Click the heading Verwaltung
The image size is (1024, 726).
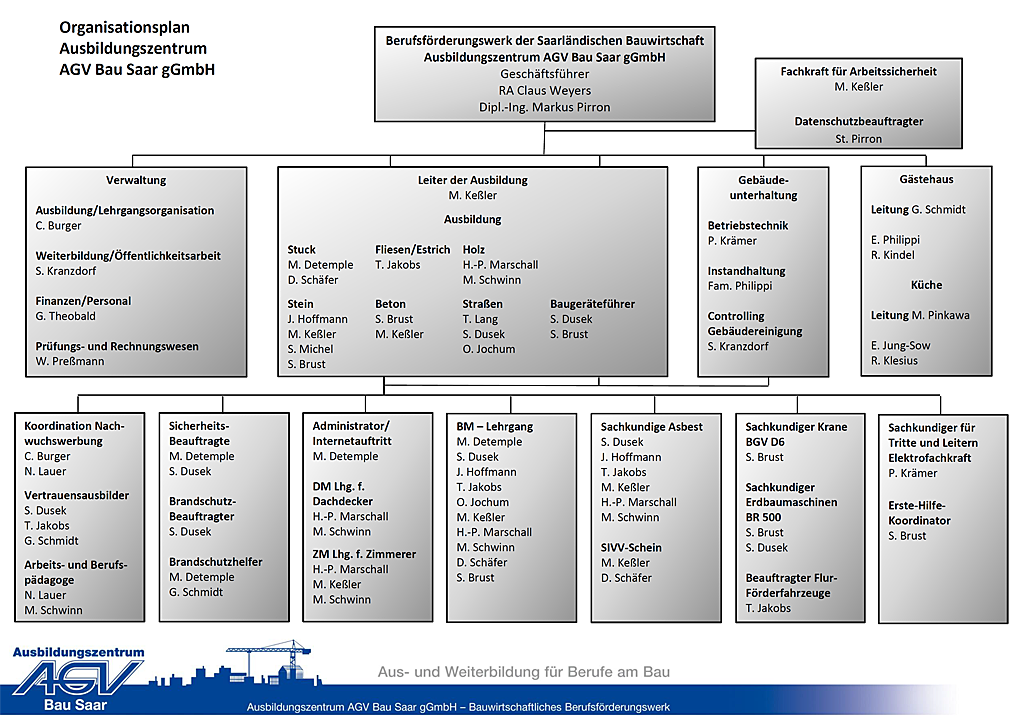[136, 180]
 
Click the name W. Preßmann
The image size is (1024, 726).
[70, 361]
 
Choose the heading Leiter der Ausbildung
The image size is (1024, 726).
[472, 180]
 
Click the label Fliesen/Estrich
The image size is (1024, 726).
[412, 249]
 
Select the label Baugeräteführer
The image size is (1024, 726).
[592, 304]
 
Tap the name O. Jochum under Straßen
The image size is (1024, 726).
[489, 349]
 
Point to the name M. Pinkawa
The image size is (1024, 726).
[940, 315]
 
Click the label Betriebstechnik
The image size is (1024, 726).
[748, 225]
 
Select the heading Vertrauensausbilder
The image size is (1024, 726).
[77, 495]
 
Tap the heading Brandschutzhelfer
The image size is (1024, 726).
[216, 562]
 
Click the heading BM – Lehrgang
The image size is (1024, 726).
[495, 427]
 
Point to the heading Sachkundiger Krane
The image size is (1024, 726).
[796, 427]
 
